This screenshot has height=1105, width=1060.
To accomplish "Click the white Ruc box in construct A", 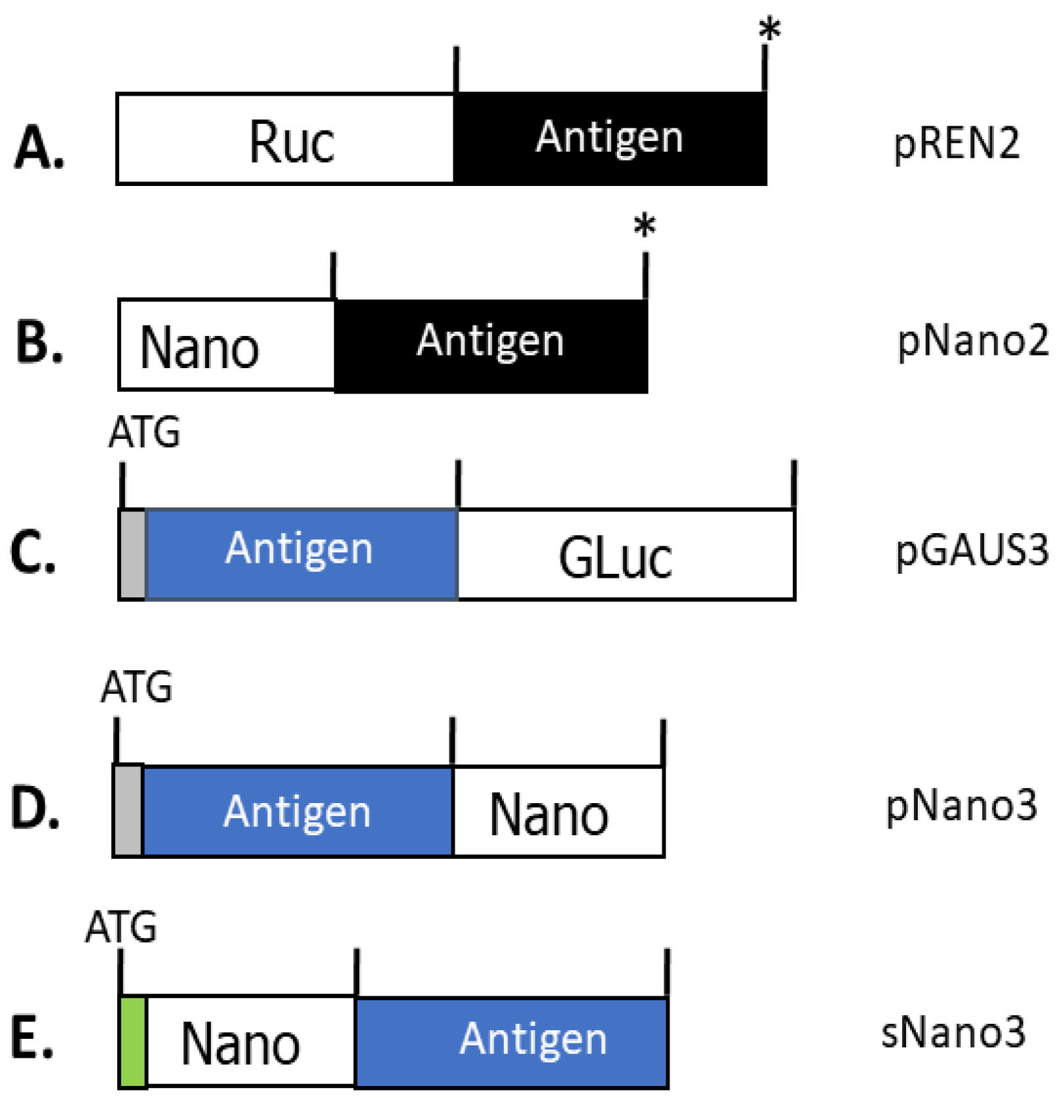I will (x=286, y=139).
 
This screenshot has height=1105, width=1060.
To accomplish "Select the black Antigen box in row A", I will (x=609, y=139).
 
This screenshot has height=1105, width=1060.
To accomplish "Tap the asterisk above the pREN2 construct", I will (x=770, y=29).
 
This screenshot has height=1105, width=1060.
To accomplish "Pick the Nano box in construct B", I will (x=226, y=345).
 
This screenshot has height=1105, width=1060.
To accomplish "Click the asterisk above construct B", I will (x=645, y=227).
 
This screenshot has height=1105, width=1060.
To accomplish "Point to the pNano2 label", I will (x=972, y=341).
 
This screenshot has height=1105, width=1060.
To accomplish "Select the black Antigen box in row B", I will (x=490, y=345).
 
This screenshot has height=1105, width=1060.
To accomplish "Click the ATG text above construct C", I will (x=144, y=433).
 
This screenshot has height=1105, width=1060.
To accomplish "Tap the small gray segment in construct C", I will (x=133, y=554).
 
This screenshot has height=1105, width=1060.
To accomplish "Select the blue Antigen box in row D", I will (x=297, y=811).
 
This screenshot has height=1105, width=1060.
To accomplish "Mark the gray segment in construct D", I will (x=128, y=811).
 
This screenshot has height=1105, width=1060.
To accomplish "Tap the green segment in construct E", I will (x=134, y=1041).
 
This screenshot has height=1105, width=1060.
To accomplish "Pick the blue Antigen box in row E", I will (x=511, y=1041).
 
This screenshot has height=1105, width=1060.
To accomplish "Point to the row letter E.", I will (x=31, y=1038).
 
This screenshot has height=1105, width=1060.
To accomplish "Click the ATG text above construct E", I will (x=121, y=927).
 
